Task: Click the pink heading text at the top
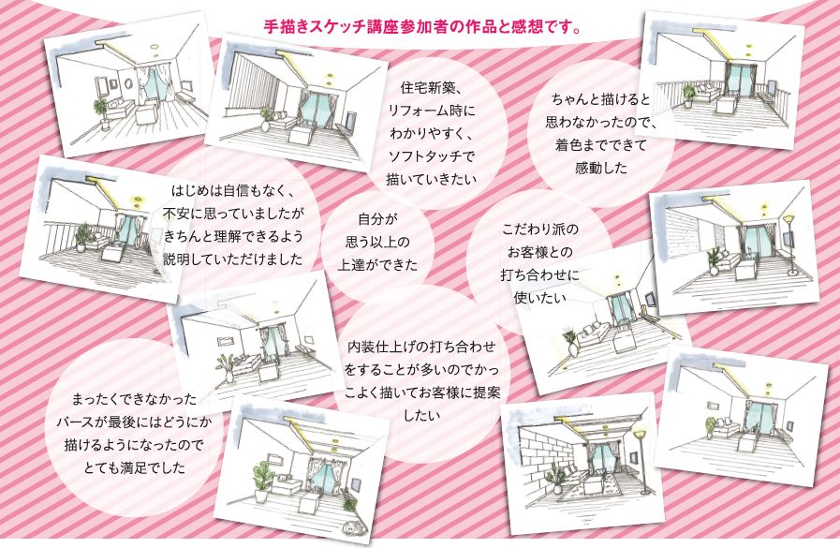pos(422,27)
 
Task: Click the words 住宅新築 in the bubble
pos(427,88)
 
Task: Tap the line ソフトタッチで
pos(432,156)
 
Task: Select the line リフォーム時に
pos(432,111)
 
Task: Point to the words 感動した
pos(600,168)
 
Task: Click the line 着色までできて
pos(600,144)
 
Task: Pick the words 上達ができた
pos(377,264)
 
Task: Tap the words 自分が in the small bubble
pos(377,219)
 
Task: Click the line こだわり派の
pos(540,230)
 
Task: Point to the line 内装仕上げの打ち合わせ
pos(421,348)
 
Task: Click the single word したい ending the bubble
pos(421,415)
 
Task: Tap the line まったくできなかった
pos(135,399)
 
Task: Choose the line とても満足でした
pos(135,467)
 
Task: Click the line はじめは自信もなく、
pos(233,191)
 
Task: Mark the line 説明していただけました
pos(233,259)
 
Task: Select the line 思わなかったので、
pos(600,122)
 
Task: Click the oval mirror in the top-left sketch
pos(128,82)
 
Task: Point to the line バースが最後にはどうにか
pos(135,422)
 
